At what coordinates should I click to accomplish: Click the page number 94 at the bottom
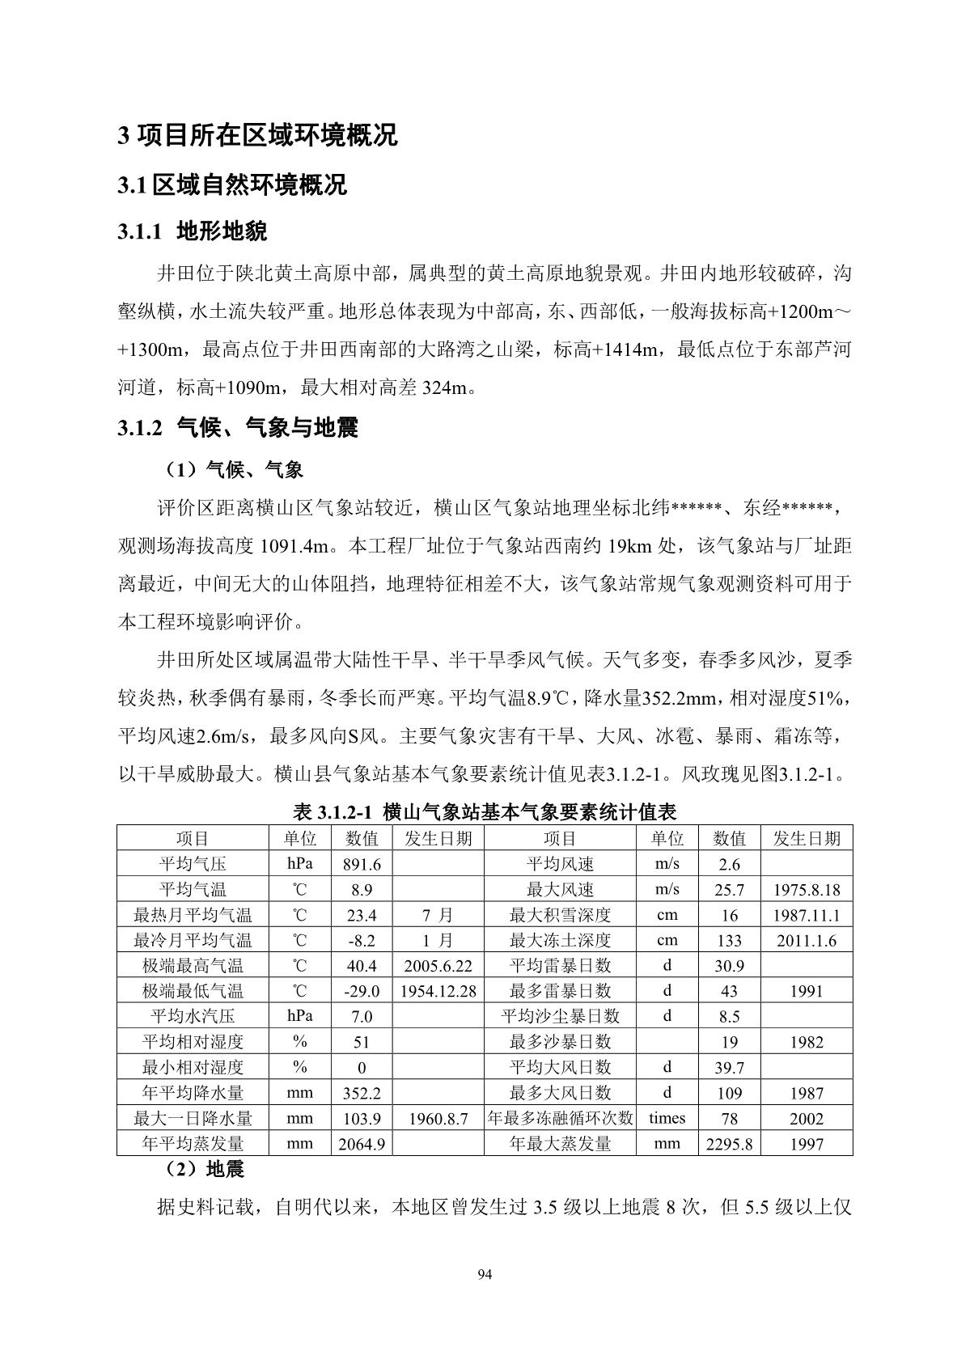tap(485, 1276)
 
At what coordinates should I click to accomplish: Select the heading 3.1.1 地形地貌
tap(192, 232)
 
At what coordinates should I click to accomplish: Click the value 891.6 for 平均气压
tap(361, 864)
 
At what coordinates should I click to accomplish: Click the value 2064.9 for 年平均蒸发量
tap(361, 1144)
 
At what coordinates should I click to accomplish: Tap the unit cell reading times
tap(667, 1118)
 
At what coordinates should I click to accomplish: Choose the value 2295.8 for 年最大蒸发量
tap(729, 1144)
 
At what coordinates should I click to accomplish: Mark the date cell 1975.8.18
tap(807, 890)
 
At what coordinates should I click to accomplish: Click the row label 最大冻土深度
tap(560, 940)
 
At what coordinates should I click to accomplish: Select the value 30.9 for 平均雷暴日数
tap(729, 966)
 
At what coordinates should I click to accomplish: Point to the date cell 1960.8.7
tap(437, 1119)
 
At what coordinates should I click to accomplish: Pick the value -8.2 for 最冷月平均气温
tap(361, 940)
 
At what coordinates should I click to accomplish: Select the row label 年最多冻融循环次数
tap(560, 1119)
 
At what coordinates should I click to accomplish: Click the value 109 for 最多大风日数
tap(729, 1093)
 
